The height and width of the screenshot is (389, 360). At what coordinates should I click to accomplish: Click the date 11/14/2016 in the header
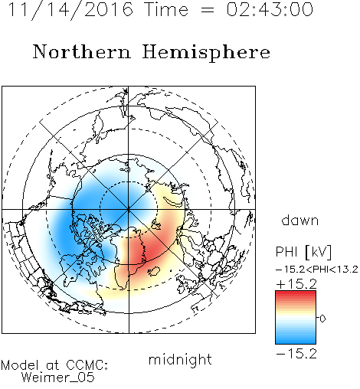click(x=70, y=10)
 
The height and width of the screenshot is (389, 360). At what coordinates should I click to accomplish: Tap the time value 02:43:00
click(x=270, y=10)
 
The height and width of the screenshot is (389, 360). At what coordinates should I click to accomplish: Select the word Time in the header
click(x=166, y=10)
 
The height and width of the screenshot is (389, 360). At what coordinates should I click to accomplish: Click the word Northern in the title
click(x=82, y=51)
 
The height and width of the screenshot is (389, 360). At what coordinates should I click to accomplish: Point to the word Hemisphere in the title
click(x=206, y=53)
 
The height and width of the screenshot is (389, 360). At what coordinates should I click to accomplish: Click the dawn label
click(x=300, y=221)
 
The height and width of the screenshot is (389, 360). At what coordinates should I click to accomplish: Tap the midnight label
click(x=180, y=359)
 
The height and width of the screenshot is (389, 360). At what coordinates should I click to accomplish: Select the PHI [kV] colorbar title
click(x=303, y=252)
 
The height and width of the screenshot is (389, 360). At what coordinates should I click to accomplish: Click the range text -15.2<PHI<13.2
click(x=317, y=270)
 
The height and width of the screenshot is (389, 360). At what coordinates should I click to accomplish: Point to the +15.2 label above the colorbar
click(x=296, y=284)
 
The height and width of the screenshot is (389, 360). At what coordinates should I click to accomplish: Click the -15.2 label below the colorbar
click(x=296, y=354)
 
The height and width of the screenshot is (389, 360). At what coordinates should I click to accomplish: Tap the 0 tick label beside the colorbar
click(x=322, y=319)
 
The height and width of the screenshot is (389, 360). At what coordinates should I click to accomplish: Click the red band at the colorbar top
click(x=296, y=294)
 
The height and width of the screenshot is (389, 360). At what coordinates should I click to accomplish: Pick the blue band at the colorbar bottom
click(x=296, y=341)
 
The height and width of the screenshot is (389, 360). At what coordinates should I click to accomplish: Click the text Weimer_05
click(x=58, y=378)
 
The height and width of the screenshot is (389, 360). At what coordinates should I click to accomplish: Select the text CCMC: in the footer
click(x=87, y=365)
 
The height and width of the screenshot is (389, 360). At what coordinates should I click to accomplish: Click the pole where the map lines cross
click(x=129, y=209)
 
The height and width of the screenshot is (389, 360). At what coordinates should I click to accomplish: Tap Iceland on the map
click(x=154, y=271)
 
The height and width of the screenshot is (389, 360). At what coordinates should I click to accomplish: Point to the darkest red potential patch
click(x=143, y=251)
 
